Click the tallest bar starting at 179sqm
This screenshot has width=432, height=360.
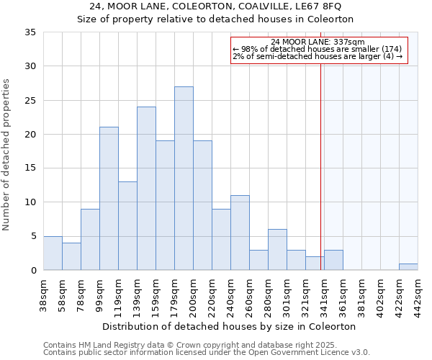(184, 179)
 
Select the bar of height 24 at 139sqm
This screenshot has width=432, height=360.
(146, 189)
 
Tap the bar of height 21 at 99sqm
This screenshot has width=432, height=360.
(109, 199)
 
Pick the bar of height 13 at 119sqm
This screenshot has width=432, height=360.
(127, 226)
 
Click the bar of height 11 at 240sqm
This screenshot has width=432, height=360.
(240, 233)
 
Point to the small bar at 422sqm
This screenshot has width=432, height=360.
(408, 267)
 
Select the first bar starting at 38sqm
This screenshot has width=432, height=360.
(53, 253)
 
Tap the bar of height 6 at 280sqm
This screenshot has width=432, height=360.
(277, 250)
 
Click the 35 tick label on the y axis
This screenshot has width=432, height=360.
(30, 32)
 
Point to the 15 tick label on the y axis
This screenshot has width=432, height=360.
(30, 168)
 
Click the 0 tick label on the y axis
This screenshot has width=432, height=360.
(33, 271)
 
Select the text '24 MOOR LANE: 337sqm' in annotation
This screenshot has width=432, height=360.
(319, 42)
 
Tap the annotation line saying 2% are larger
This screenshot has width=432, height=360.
(318, 56)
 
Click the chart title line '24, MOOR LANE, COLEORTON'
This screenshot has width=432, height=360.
(216, 6)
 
